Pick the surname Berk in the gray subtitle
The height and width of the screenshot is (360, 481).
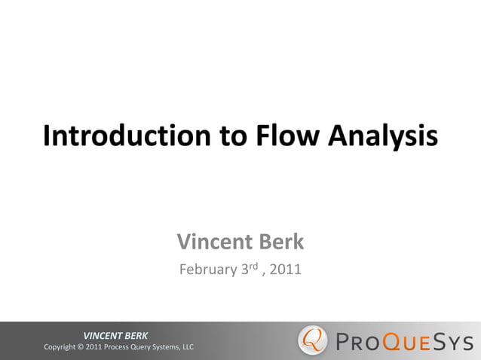(x=280, y=242)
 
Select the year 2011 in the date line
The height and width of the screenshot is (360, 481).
(x=286, y=269)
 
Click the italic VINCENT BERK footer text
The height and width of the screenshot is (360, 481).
(x=115, y=335)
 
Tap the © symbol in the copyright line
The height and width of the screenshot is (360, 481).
(x=81, y=347)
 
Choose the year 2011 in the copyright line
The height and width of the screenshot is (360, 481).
(x=96, y=347)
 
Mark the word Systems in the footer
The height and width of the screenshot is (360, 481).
(x=176, y=347)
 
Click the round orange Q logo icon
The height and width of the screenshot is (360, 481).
(x=313, y=340)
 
